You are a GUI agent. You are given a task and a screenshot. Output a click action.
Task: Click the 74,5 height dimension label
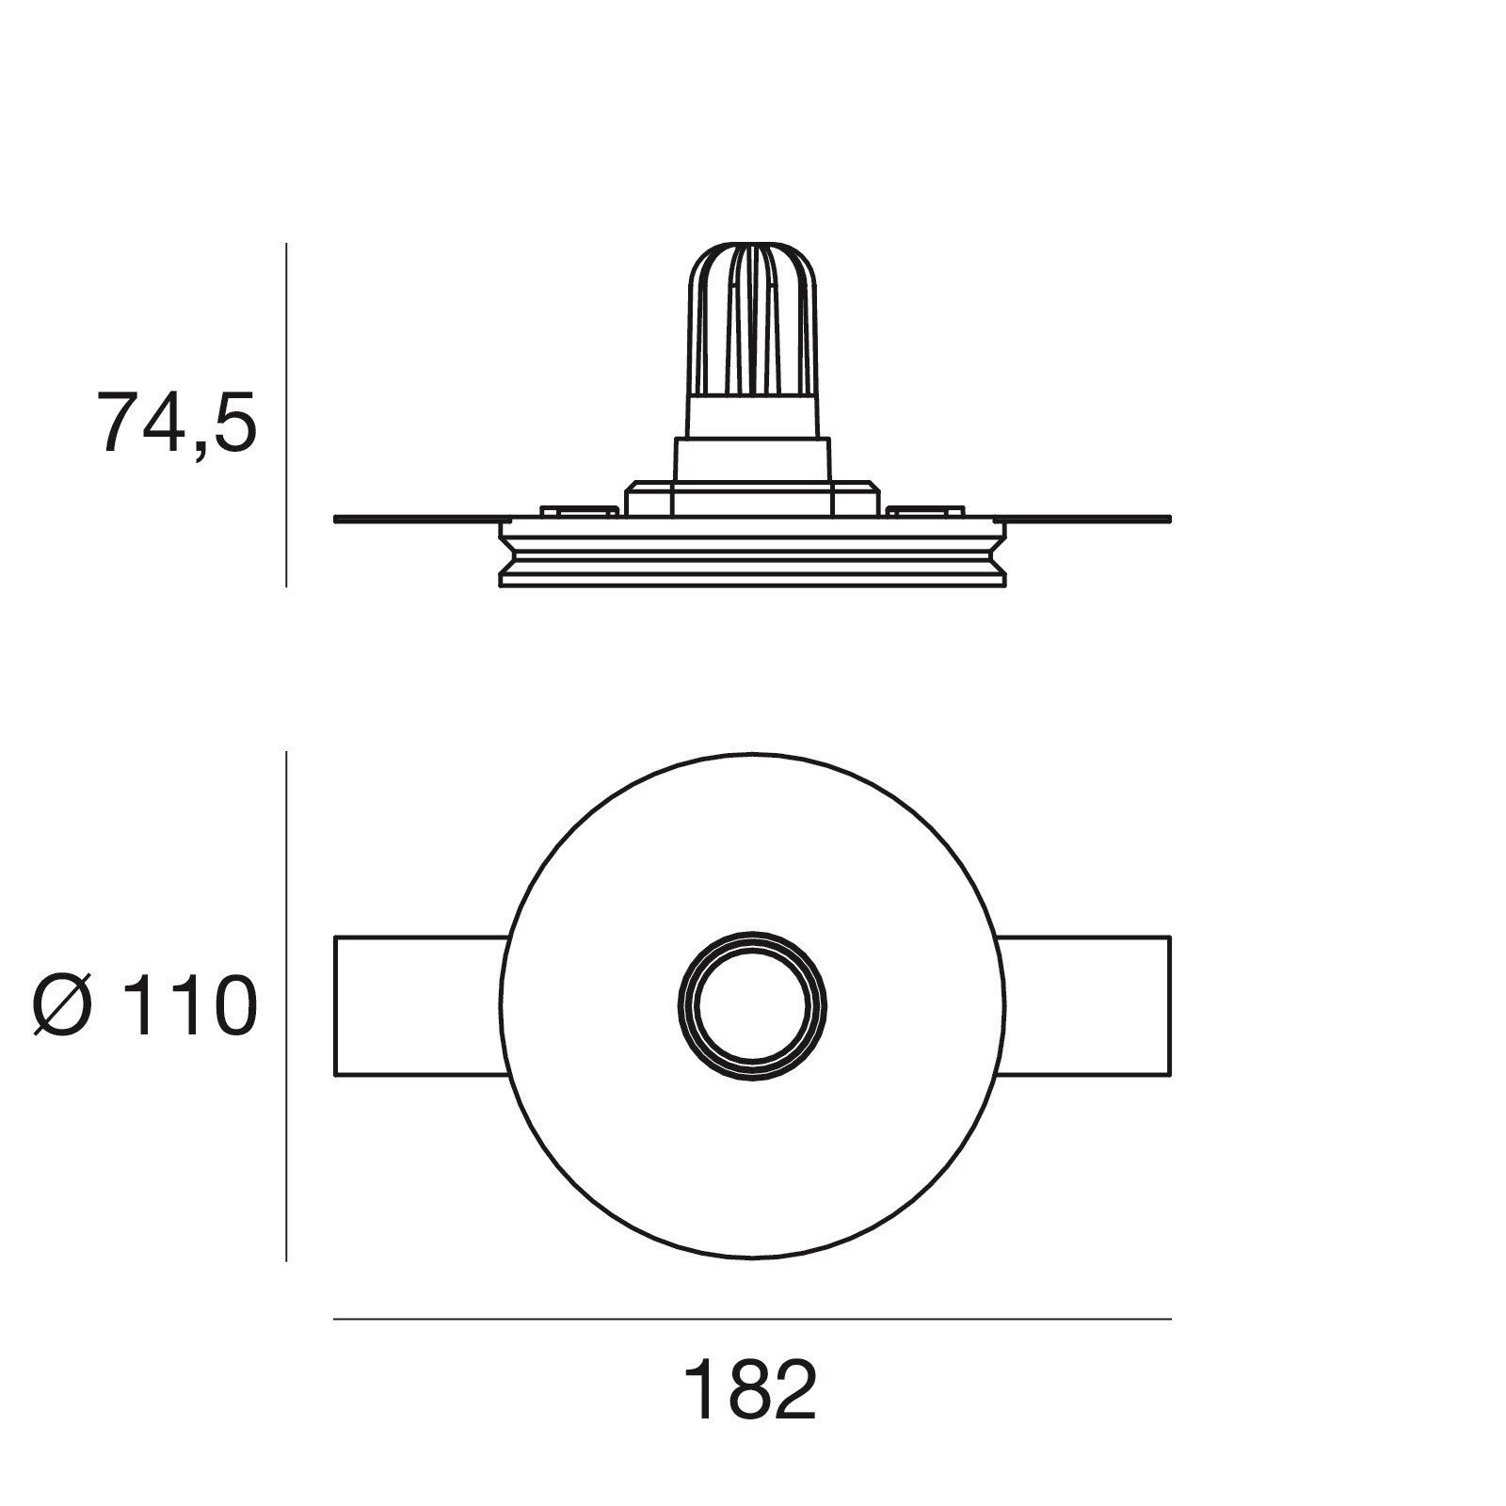(x=177, y=423)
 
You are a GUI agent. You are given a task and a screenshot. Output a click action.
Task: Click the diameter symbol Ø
(x=63, y=1005)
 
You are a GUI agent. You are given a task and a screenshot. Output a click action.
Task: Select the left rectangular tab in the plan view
(x=421, y=1005)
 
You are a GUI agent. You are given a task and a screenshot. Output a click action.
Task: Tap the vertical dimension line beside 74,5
(x=286, y=414)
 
